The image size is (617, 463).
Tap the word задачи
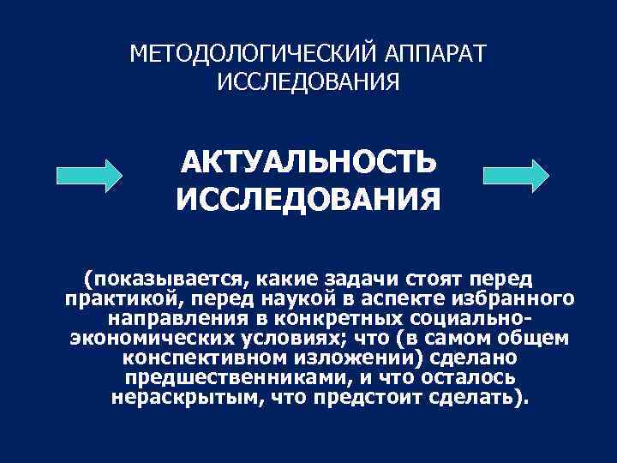click(347, 279)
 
